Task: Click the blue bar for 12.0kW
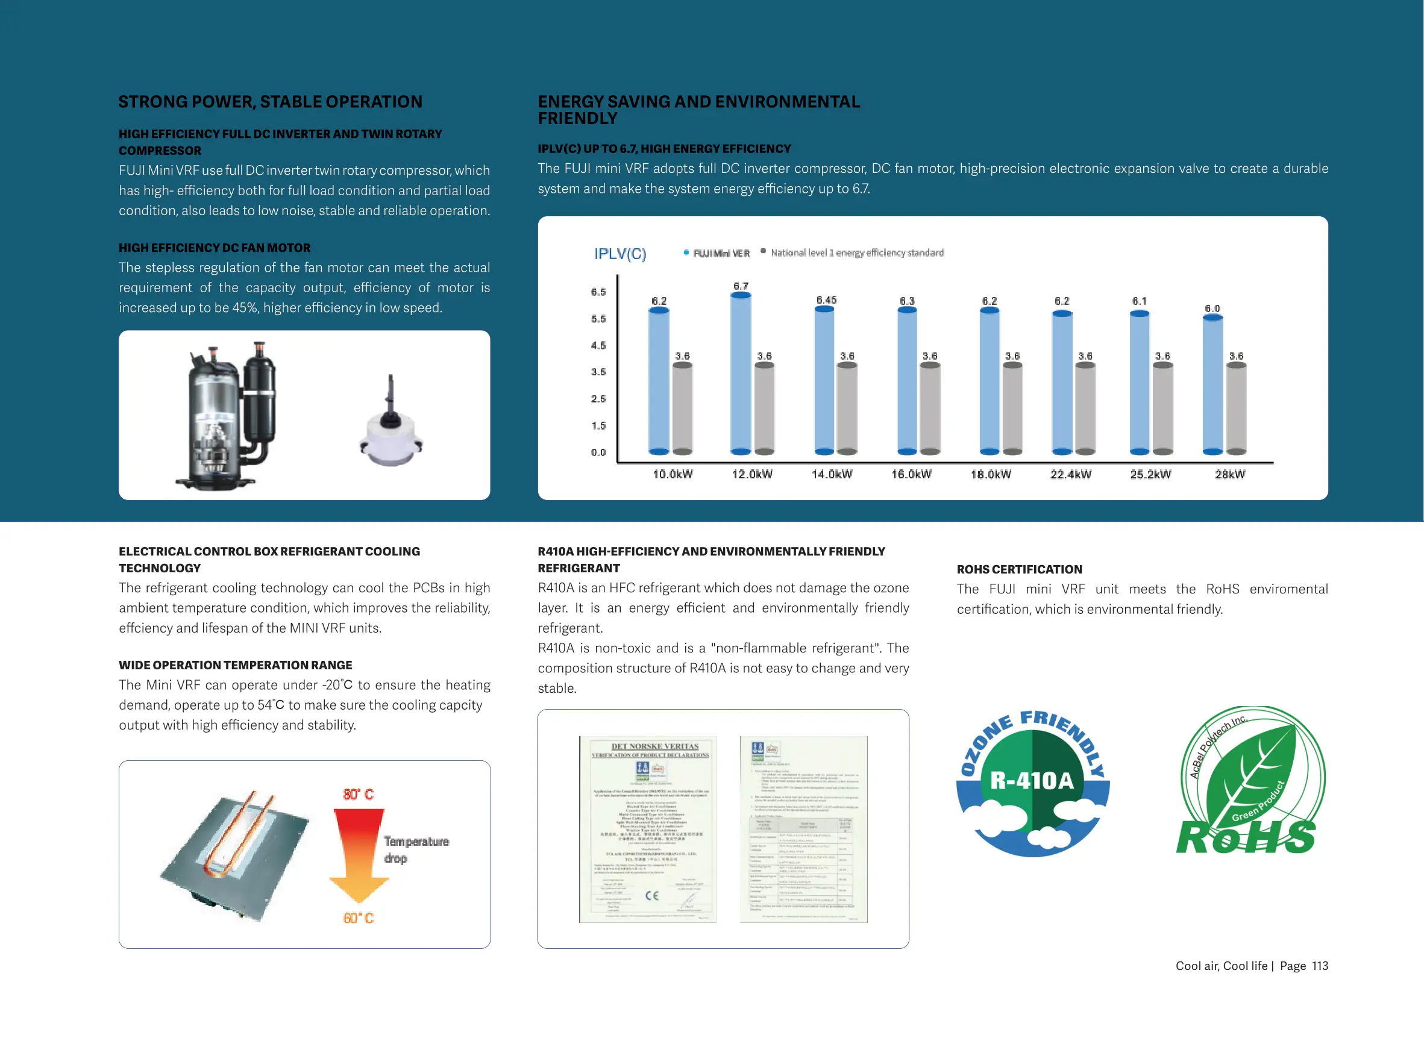pos(740,373)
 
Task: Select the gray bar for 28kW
pos(1235,408)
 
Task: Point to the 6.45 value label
pos(826,299)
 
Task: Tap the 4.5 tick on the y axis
pos(598,345)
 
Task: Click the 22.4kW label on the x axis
pos(1070,474)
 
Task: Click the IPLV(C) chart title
pos(619,254)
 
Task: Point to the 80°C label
pos(359,795)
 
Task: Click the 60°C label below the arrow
pos(359,917)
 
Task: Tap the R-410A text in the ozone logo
pos(1032,781)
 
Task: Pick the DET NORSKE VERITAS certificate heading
pos(655,746)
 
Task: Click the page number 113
pos(1320,966)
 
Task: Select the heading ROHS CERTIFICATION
pos(1019,569)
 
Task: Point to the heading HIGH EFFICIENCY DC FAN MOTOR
pos(215,248)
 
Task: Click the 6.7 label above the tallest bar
pos(741,286)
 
